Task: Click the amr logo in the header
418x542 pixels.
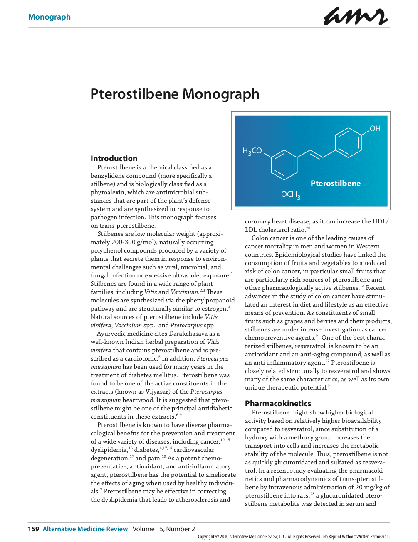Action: [356, 17]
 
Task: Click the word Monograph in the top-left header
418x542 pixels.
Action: [49, 17]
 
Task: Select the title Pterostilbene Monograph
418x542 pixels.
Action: [175, 94]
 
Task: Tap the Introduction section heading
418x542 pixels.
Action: [114, 158]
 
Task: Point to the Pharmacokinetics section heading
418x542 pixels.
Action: [278, 403]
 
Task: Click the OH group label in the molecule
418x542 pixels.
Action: [375, 129]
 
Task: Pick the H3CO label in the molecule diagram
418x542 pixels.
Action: [252, 151]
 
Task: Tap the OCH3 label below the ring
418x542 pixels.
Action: [290, 194]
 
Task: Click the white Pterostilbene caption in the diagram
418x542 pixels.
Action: [335, 184]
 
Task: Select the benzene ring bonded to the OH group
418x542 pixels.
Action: [348, 142]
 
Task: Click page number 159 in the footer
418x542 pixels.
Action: [33, 529]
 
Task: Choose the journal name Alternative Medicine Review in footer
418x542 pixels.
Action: [85, 529]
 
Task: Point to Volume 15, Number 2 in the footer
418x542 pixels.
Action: [164, 529]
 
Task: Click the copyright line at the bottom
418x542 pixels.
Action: [294, 537]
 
